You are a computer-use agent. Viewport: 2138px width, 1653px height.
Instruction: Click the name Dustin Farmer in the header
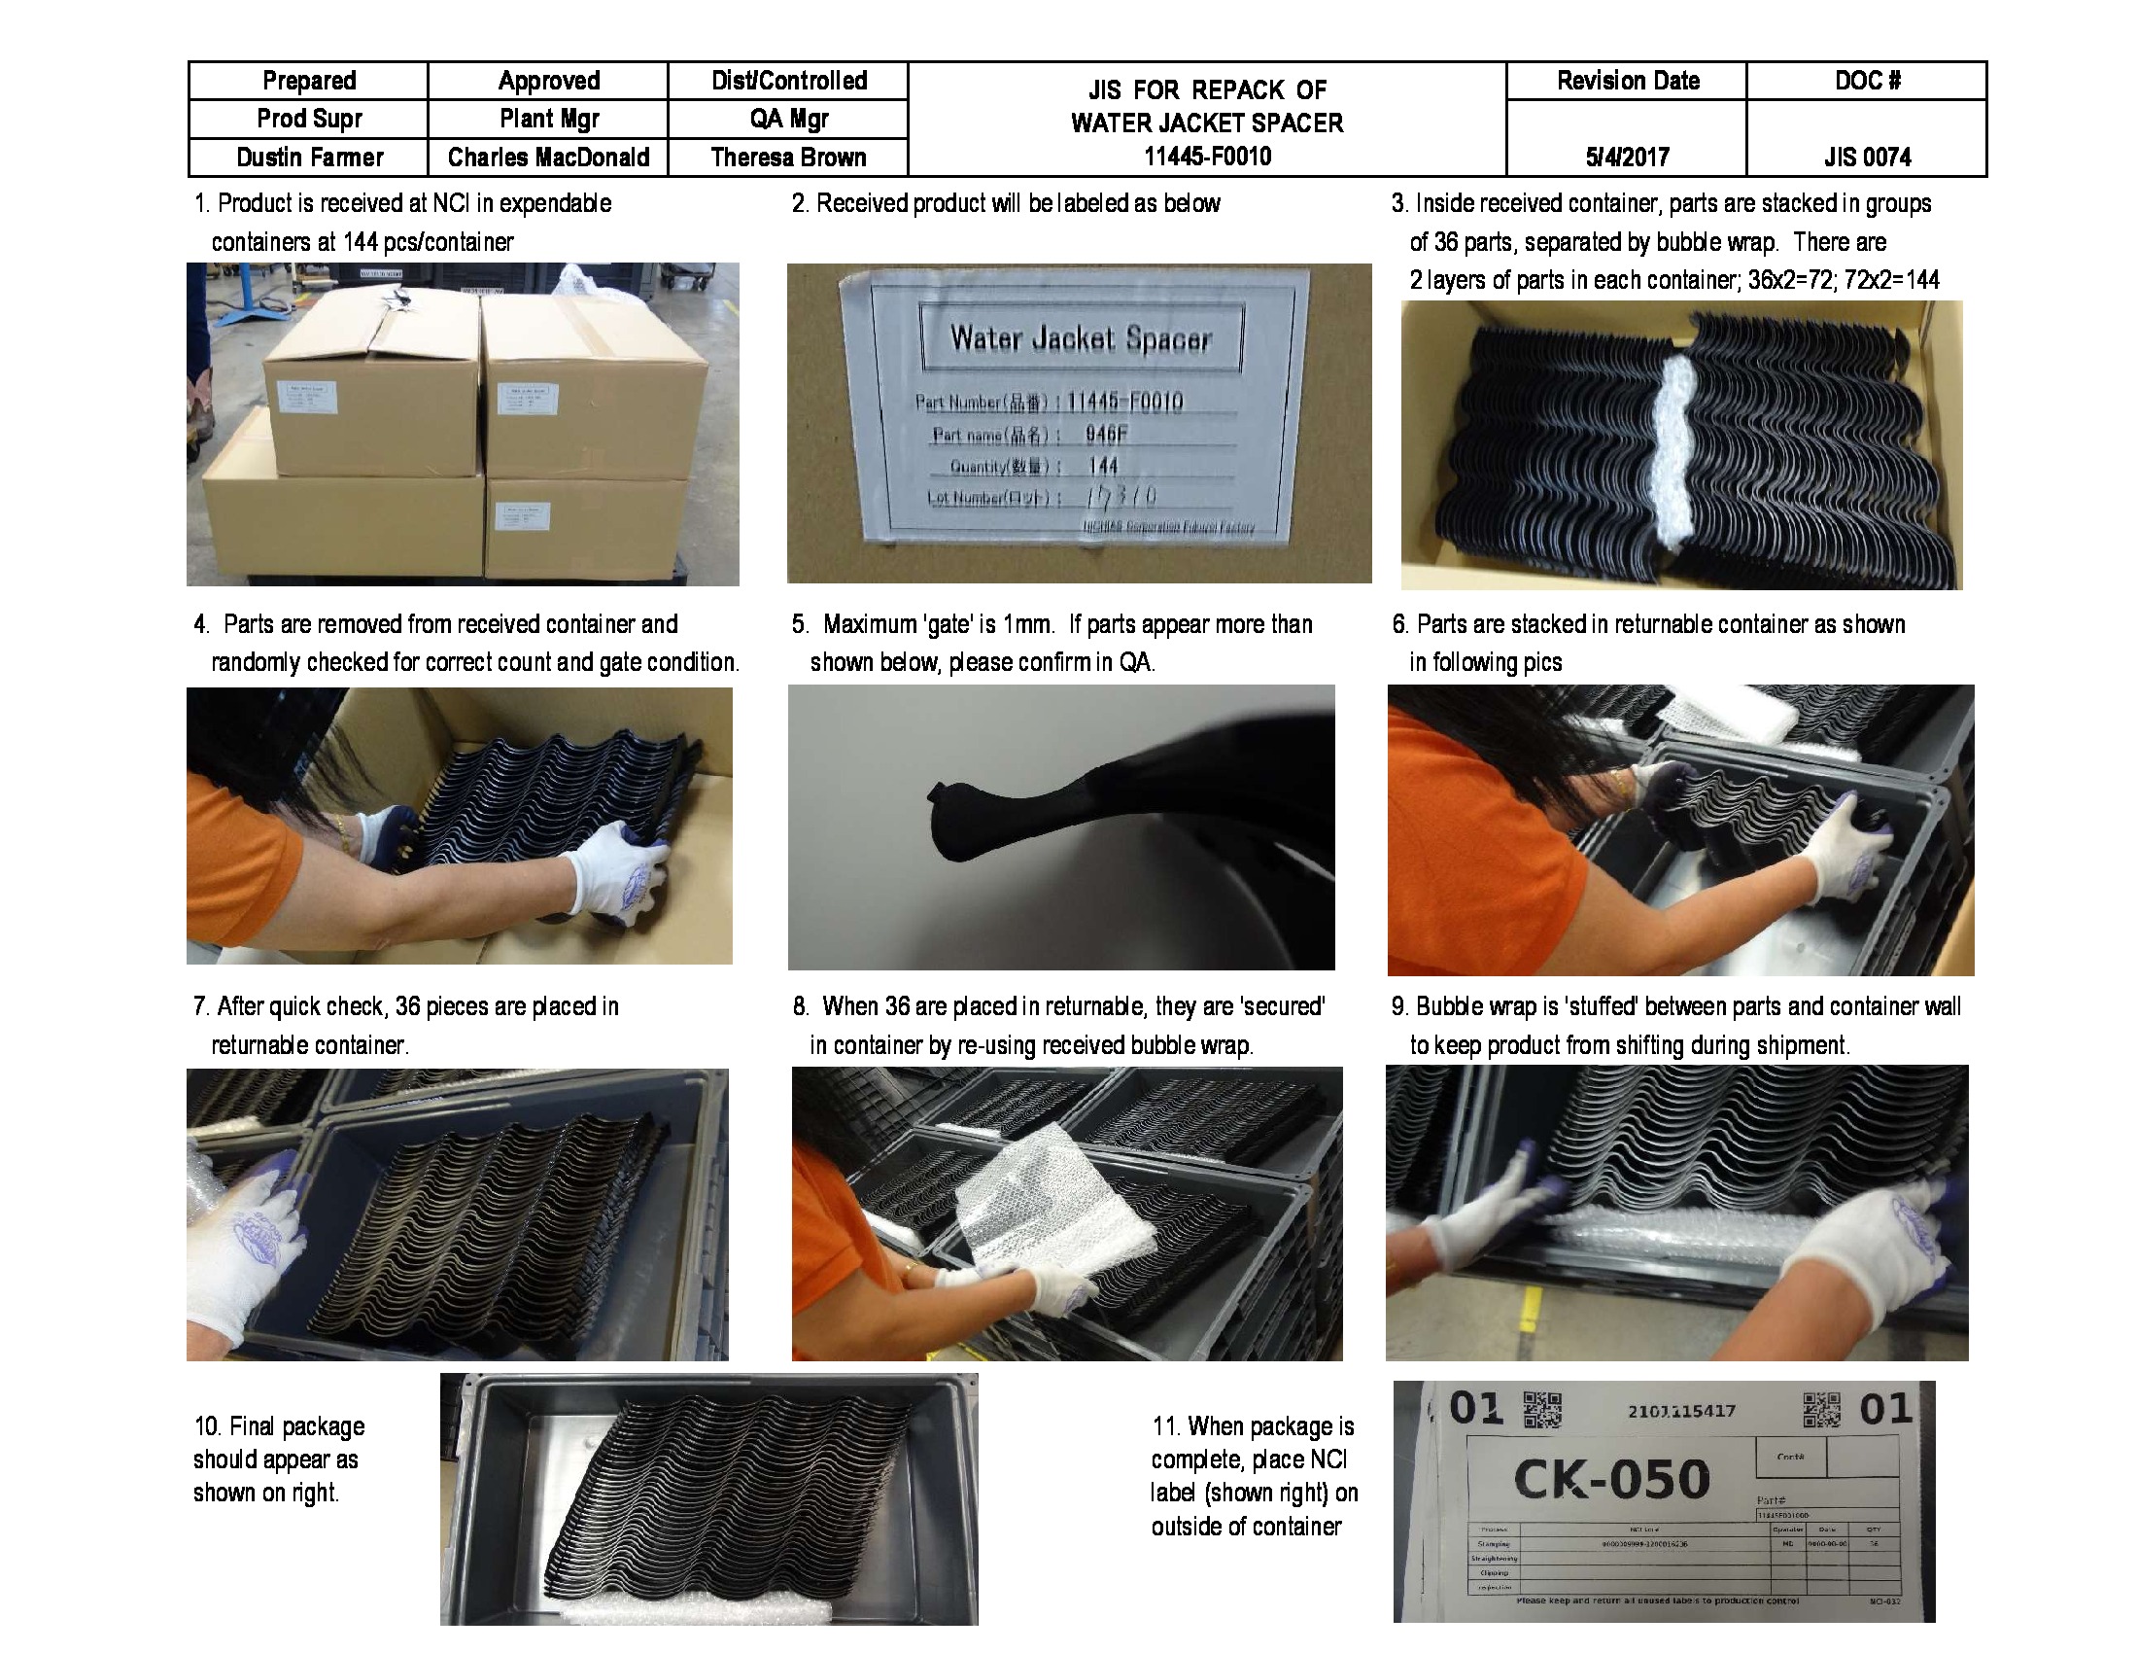coord(309,158)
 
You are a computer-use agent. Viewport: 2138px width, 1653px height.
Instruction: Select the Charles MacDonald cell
coord(548,158)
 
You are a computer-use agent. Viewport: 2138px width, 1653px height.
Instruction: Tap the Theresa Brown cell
coord(788,158)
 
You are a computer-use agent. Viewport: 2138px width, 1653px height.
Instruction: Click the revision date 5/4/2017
coord(1626,158)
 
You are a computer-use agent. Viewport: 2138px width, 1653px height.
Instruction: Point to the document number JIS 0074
coord(1866,158)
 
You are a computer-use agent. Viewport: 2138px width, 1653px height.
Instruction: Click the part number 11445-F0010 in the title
coord(1207,157)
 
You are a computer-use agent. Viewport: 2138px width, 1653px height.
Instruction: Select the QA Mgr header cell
coord(788,120)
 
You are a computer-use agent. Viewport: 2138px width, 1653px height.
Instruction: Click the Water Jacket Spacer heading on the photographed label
coord(1081,338)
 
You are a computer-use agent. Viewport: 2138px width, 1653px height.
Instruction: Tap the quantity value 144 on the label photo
coord(1103,466)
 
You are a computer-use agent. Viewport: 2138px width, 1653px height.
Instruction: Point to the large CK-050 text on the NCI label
coord(1611,1479)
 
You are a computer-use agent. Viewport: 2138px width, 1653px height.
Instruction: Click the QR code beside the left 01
coord(1544,1410)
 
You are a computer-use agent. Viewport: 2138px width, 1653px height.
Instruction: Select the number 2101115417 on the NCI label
coord(1682,1411)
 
